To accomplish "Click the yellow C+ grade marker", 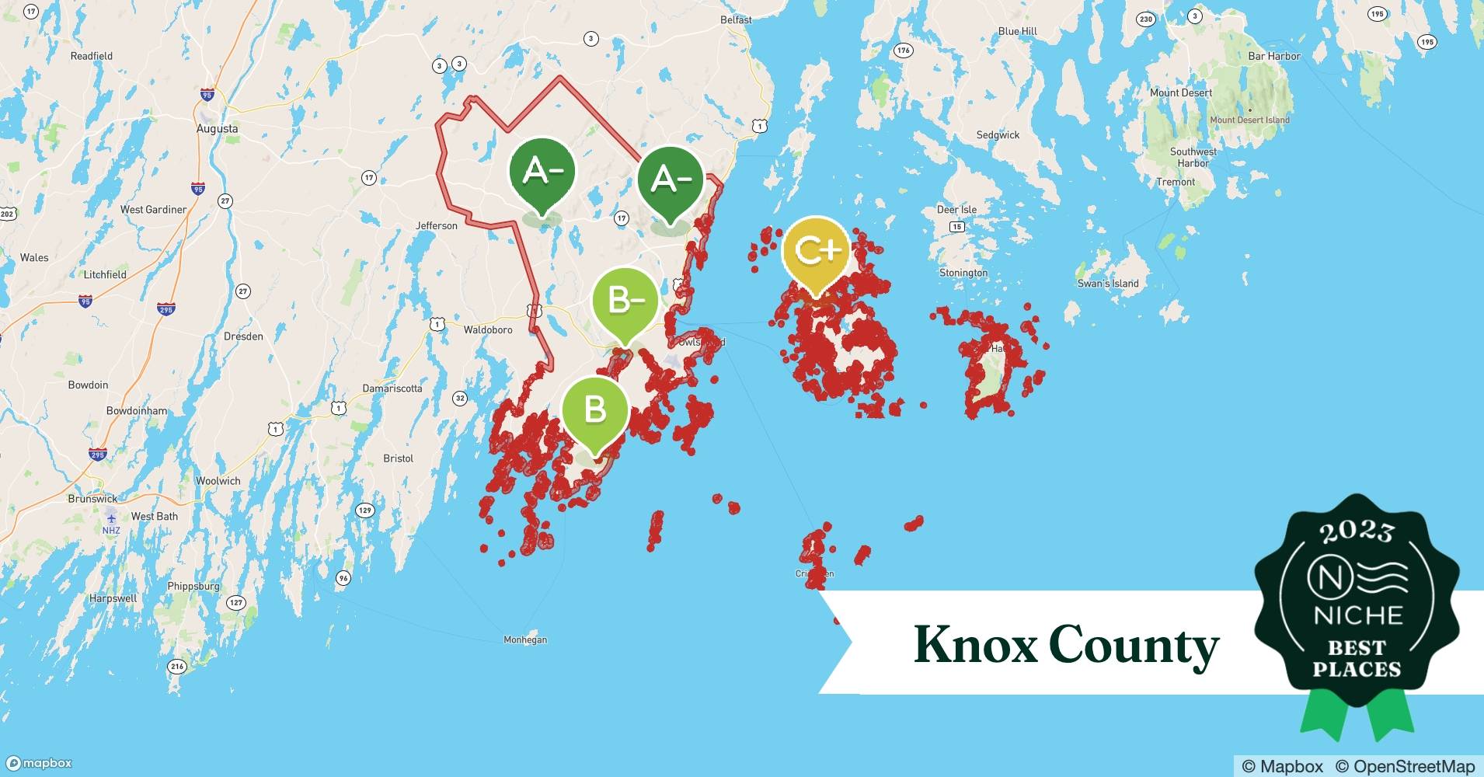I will tap(815, 251).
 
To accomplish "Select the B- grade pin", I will tap(625, 300).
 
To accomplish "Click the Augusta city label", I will tap(217, 129).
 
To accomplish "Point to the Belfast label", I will tap(736, 20).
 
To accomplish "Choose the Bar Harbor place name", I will tap(1273, 56).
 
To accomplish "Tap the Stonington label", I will tap(963, 274).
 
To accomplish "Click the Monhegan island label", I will tap(525, 640).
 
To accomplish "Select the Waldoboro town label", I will tap(488, 330).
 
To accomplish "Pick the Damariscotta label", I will tap(392, 388).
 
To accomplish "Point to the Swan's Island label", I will tap(1108, 284).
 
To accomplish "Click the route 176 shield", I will tap(903, 51).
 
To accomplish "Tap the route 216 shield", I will tap(177, 667).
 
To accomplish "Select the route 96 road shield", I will tap(343, 578).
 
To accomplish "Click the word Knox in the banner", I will tap(975, 645).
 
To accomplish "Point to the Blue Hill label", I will tap(1017, 32).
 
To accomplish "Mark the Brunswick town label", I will tap(92, 499).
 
